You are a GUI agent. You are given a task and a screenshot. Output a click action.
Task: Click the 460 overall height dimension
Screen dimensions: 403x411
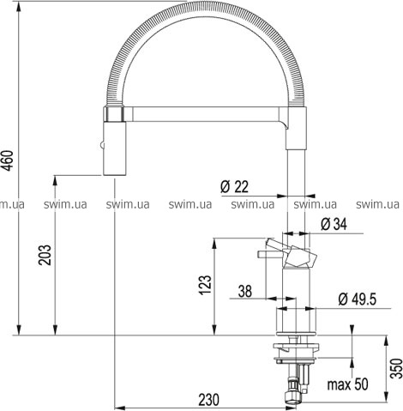point(9,160)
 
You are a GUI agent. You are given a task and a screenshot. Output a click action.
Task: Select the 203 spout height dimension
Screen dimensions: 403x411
point(45,255)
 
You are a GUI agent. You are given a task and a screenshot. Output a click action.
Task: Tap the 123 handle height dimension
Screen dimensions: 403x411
point(205,285)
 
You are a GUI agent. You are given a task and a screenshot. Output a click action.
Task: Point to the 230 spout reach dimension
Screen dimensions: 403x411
point(208,399)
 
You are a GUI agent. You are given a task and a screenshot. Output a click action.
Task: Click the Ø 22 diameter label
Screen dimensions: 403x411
point(234,187)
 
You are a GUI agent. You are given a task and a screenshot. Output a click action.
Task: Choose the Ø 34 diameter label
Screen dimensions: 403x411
point(334,224)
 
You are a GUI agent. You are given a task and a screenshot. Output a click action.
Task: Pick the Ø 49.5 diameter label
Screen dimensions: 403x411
point(358,299)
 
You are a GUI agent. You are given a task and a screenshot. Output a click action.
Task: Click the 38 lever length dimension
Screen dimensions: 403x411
point(245,291)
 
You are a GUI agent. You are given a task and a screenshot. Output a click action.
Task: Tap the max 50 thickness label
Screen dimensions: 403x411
point(347,384)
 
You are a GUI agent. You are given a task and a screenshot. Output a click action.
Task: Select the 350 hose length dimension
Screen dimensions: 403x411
point(397,368)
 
